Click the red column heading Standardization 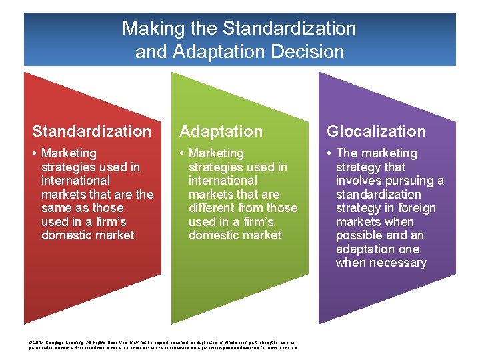[x=92, y=131]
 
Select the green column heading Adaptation [x=221, y=131]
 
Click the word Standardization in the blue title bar [x=289, y=29]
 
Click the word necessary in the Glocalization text [x=391, y=263]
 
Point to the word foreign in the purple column [x=415, y=208]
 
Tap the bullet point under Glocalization [x=329, y=154]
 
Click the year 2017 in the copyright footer [x=39, y=340]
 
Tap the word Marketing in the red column [x=69, y=153]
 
